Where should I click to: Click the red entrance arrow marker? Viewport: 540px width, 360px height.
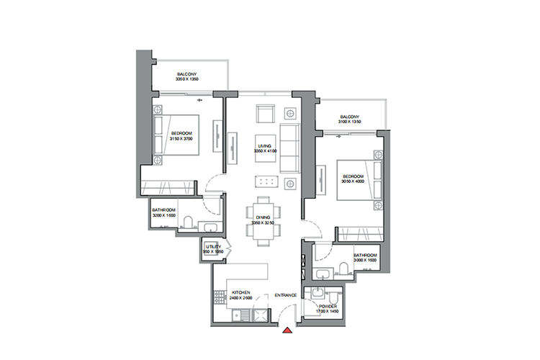coord(287,331)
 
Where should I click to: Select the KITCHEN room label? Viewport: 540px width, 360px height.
coord(240,292)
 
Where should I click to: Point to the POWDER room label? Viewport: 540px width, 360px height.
coord(328,305)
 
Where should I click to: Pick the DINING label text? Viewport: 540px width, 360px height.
coord(263,217)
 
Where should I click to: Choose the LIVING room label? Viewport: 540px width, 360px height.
coord(264,145)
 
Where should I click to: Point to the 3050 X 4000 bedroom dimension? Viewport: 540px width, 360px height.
coord(353,181)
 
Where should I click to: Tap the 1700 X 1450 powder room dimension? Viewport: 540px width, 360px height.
coord(328,311)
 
